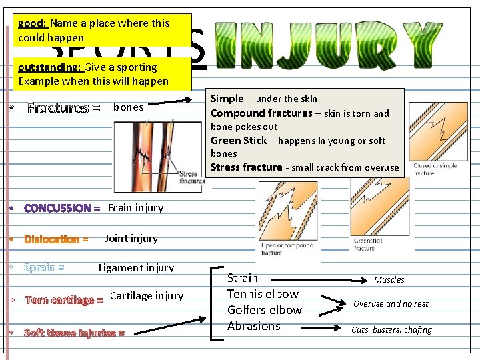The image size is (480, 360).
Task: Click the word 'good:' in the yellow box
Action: (x=31, y=23)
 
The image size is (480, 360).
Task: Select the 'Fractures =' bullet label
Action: (x=64, y=108)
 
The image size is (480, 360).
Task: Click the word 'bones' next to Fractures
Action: (x=129, y=107)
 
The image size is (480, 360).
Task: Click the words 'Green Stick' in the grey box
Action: (x=238, y=141)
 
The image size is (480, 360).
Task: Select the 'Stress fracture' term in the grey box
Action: (x=247, y=167)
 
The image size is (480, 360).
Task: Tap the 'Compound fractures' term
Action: (x=261, y=113)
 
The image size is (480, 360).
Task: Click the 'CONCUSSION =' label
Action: (x=62, y=209)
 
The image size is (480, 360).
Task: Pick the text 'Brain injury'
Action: (x=135, y=207)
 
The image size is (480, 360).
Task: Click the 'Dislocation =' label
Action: (x=57, y=239)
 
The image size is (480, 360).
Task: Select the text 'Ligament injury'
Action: (x=136, y=268)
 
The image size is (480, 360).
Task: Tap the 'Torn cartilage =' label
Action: (x=64, y=301)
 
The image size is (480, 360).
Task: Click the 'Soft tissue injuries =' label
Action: (x=74, y=333)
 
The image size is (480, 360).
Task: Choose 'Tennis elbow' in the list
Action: (x=263, y=294)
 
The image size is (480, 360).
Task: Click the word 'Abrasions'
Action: (x=253, y=326)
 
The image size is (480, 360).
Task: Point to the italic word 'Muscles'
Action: (x=389, y=280)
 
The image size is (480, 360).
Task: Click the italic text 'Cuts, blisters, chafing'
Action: (x=391, y=329)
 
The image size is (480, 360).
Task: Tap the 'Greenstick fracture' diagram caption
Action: (x=365, y=245)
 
